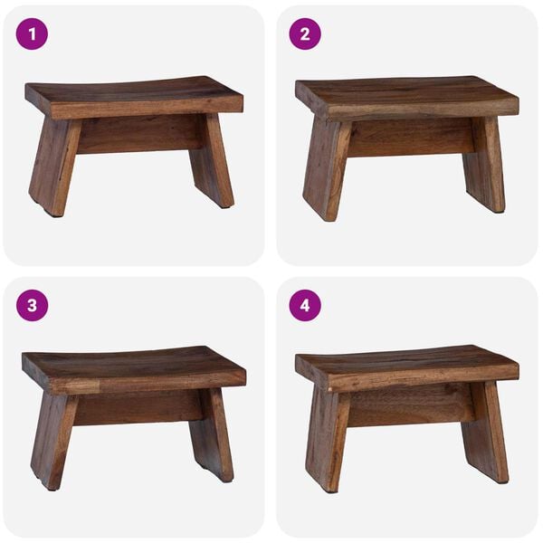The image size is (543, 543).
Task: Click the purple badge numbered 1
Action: click(32, 34)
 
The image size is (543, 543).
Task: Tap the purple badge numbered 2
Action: click(305, 34)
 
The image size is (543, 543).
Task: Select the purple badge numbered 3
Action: click(32, 306)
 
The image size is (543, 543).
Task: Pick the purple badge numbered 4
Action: click(305, 306)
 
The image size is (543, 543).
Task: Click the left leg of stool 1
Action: click(52, 167)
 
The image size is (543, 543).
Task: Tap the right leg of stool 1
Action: click(214, 163)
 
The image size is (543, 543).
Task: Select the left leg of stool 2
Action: click(326, 172)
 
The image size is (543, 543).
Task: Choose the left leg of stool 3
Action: click(52, 439)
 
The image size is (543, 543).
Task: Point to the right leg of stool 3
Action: click(212, 434)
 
